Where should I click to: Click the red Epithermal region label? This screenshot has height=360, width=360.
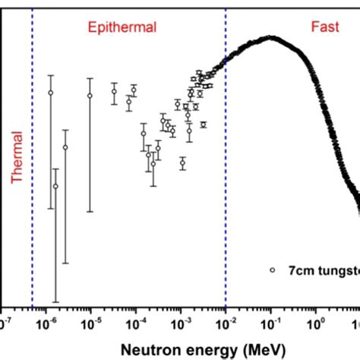[122, 28]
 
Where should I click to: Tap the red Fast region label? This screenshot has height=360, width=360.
[325, 28]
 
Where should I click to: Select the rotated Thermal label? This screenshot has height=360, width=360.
[17, 152]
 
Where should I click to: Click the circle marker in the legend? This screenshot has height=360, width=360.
[272, 270]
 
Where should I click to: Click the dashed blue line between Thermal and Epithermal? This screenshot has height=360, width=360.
[33, 190]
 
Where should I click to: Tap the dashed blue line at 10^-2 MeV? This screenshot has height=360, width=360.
[226, 190]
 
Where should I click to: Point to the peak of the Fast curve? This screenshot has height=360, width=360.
[269, 36]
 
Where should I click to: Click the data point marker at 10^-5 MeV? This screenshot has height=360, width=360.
[90, 96]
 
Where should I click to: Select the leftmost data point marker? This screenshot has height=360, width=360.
[51, 93]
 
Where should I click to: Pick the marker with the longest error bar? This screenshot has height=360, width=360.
[55, 185]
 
